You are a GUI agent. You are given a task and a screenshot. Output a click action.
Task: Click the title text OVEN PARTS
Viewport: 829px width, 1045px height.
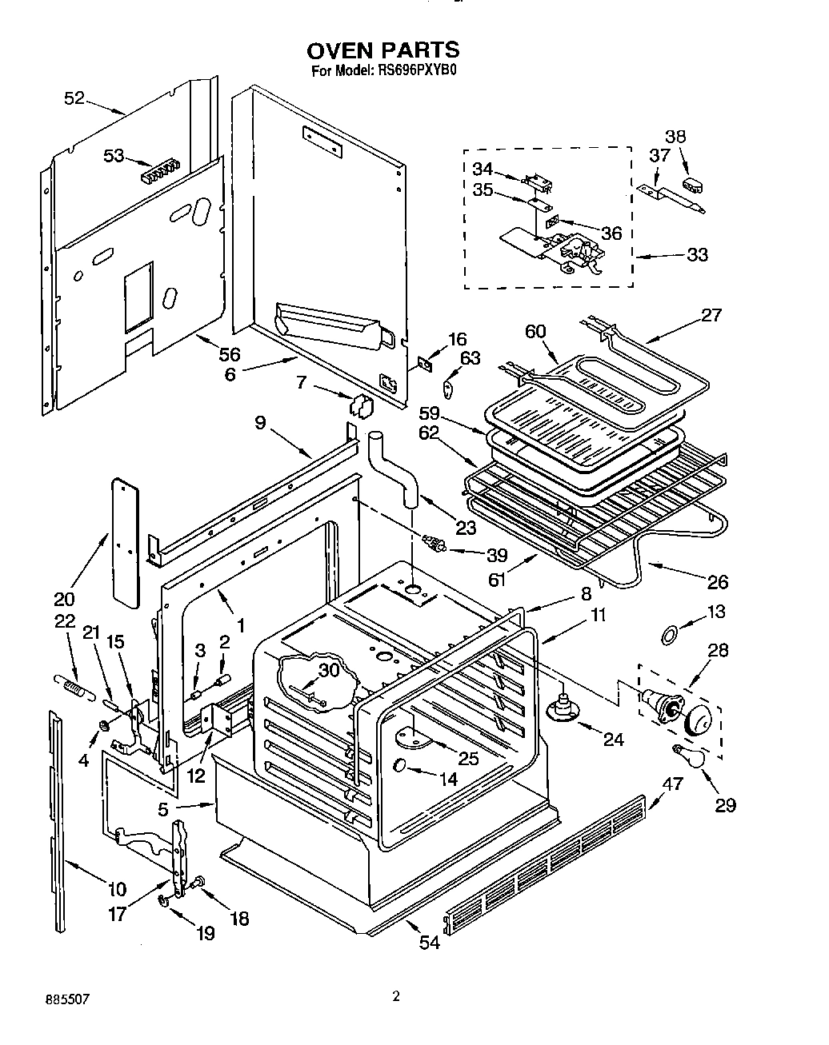click(x=383, y=50)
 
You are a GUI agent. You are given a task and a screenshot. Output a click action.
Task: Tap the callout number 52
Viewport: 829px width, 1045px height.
click(x=74, y=98)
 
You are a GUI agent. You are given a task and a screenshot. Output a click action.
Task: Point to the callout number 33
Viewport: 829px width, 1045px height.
click(x=698, y=254)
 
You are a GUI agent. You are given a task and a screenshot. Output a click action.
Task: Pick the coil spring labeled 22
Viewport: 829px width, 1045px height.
click(x=70, y=684)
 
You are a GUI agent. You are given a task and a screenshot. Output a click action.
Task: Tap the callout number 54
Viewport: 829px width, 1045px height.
click(x=430, y=943)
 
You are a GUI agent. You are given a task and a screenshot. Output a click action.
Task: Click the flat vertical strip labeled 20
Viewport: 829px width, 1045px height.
click(x=124, y=541)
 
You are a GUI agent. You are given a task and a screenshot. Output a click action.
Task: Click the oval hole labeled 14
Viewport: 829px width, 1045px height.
click(x=400, y=766)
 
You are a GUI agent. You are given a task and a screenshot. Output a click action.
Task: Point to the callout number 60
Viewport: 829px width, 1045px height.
click(x=535, y=332)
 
